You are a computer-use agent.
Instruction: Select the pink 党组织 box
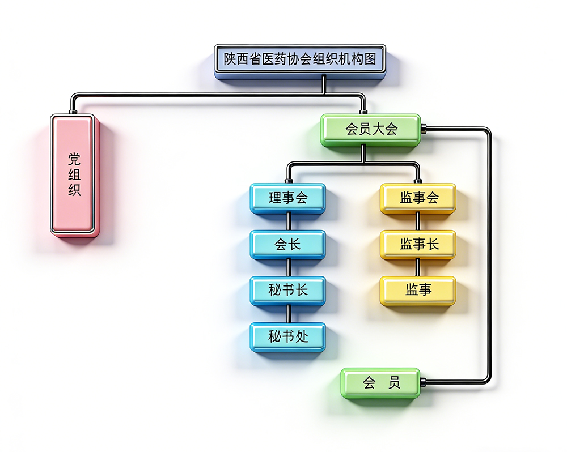[x=74, y=174]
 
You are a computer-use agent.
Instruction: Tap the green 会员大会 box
[x=371, y=129]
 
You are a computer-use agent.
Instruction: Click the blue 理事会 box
[x=288, y=198]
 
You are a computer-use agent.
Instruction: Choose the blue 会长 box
[x=288, y=244]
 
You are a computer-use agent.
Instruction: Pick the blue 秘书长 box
[x=288, y=290]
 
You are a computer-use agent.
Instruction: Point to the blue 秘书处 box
[x=288, y=336]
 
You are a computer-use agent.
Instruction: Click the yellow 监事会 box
[x=418, y=198]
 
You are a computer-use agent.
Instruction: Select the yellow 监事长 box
[x=418, y=244]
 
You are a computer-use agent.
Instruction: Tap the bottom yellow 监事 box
[x=418, y=290]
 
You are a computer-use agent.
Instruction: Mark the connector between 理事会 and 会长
[x=289, y=221]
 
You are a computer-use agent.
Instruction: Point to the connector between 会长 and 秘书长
[x=289, y=267]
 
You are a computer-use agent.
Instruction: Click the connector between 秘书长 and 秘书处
[x=289, y=314]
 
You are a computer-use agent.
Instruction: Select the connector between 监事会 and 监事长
[x=418, y=221]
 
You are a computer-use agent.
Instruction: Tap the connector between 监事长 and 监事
[x=418, y=267]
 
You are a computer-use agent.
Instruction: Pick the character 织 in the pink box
[x=74, y=190]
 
